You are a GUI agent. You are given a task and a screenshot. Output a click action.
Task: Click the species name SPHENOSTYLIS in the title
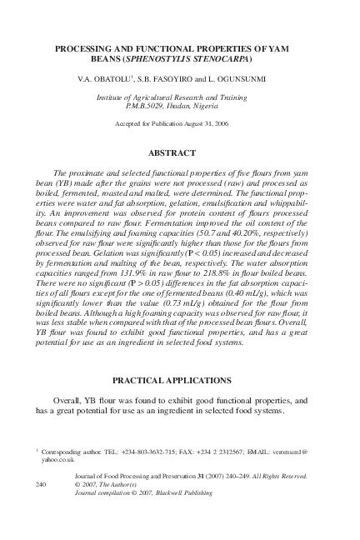point(157,61)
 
